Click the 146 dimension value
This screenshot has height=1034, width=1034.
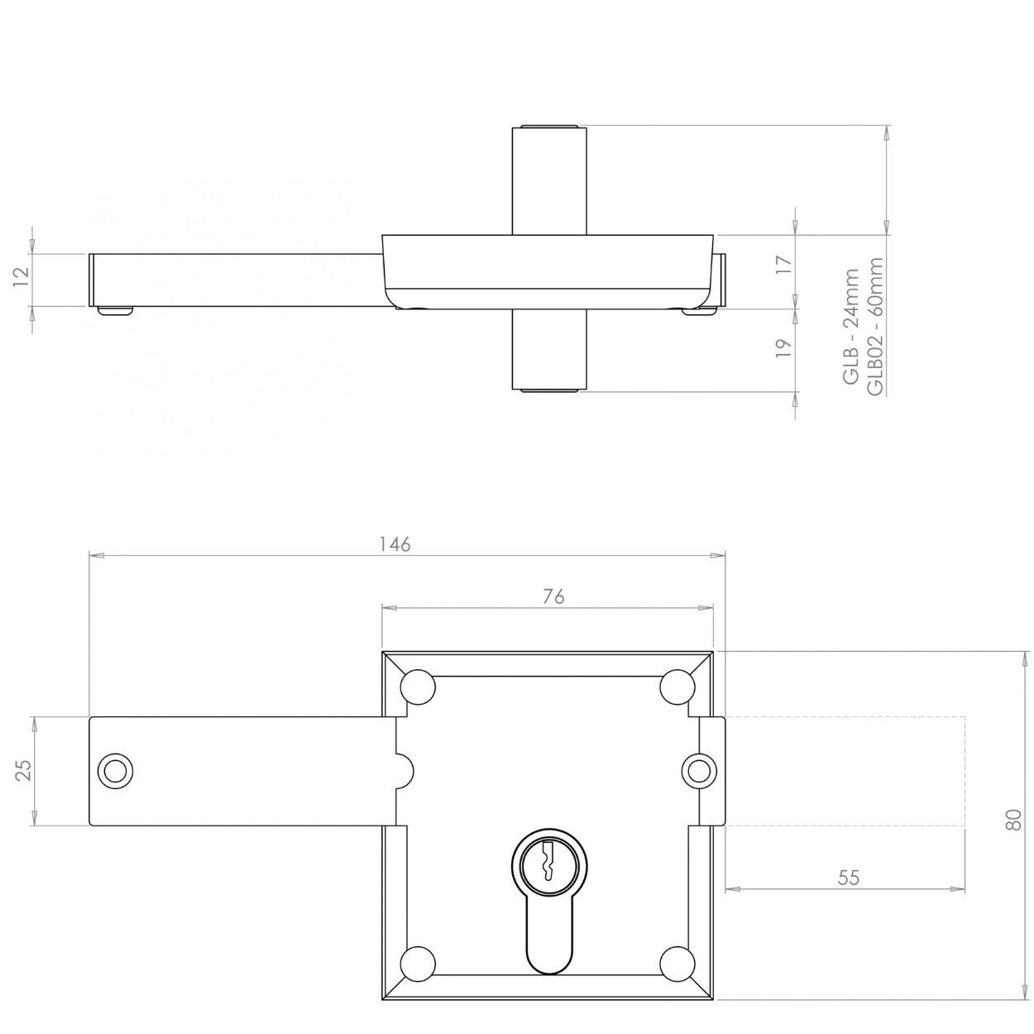395,544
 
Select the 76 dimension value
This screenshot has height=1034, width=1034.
553,596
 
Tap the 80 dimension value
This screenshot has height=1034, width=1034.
1013,820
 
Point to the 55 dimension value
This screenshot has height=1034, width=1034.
849,878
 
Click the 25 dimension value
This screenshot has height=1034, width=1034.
25,770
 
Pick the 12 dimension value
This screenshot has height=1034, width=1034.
22,278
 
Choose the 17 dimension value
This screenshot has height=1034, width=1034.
783,265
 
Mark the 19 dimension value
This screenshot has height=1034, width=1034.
783,347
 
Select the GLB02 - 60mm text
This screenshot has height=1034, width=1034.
874,326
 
